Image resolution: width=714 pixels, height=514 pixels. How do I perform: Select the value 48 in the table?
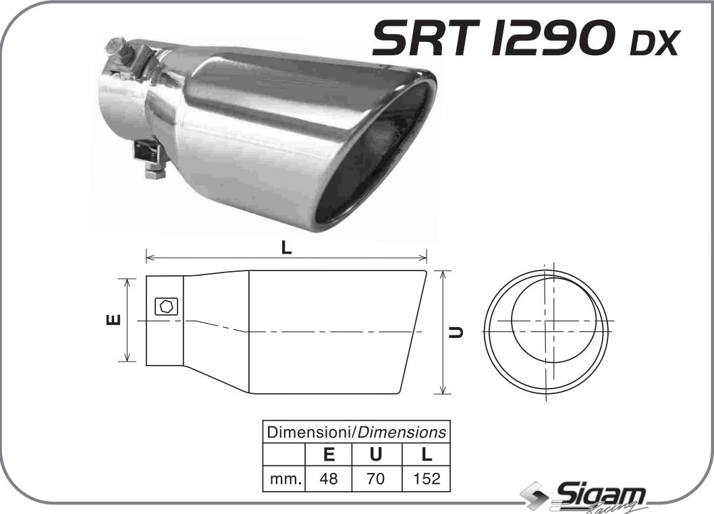(x=329, y=479)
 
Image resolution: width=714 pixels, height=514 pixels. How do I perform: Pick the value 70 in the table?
(x=376, y=479)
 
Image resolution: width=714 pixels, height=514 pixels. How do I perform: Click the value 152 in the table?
(x=426, y=479)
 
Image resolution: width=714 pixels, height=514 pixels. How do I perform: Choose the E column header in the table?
(x=329, y=455)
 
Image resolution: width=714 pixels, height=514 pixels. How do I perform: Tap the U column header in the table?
(x=376, y=455)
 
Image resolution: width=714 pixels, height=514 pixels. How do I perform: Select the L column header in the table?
(x=426, y=455)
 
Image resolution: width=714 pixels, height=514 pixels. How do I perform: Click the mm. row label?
(x=284, y=479)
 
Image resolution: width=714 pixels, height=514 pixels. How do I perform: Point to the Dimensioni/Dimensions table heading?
(x=356, y=432)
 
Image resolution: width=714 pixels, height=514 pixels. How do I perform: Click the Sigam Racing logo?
(x=587, y=498)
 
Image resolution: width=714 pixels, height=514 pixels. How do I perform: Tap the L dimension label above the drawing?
(x=287, y=248)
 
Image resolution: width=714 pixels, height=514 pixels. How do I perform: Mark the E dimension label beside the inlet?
(x=115, y=319)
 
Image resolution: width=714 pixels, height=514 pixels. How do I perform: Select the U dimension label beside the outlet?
(x=457, y=332)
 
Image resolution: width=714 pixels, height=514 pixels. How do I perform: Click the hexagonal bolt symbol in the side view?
(x=165, y=306)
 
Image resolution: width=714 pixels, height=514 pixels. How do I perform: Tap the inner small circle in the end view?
(x=553, y=320)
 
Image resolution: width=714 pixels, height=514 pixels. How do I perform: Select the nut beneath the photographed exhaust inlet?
(x=155, y=172)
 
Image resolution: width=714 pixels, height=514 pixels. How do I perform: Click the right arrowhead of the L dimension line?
(x=424, y=257)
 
